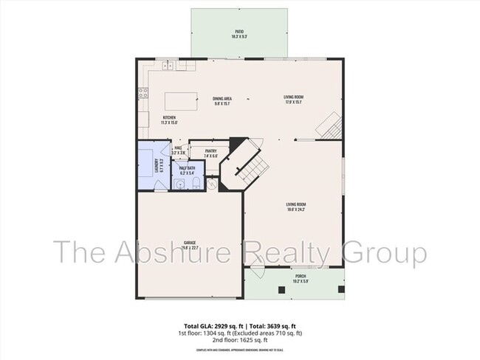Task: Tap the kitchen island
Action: tap(181, 100)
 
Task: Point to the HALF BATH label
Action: tap(188, 168)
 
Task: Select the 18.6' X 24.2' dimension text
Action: tap(296, 210)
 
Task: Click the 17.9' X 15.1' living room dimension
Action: tap(294, 103)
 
